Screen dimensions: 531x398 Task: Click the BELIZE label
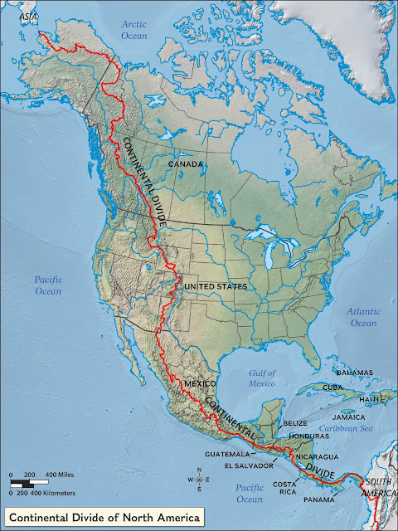[295, 423]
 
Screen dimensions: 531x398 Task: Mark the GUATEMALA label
[229, 455]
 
